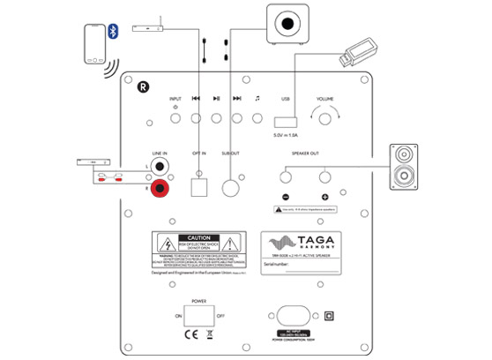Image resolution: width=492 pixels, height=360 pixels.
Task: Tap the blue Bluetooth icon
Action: point(113,32)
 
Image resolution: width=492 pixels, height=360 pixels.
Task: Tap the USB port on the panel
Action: point(287,121)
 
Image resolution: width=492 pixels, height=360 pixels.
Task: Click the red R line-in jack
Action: point(160,187)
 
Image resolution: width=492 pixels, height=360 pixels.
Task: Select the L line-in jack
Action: point(160,163)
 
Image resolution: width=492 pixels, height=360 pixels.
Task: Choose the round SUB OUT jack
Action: point(232,187)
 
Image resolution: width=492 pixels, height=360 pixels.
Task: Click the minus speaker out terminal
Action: point(287,177)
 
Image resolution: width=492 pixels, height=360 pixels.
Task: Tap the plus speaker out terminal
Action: point(324,177)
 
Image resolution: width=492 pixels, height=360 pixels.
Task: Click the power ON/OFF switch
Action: point(199,314)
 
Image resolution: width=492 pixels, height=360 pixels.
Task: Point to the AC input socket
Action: point(293,316)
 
